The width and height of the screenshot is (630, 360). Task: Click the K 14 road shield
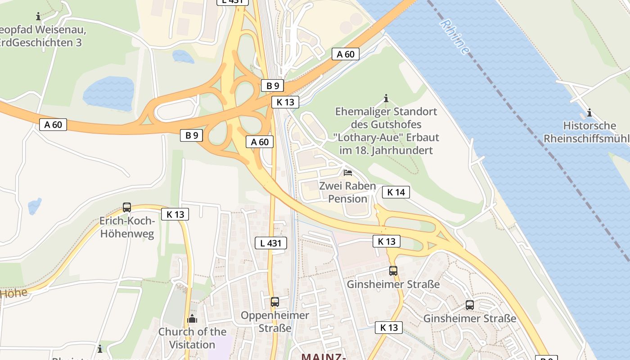[x=396, y=192]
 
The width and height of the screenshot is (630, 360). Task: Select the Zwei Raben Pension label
[x=347, y=192]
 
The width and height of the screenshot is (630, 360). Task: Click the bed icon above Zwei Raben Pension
[x=347, y=172]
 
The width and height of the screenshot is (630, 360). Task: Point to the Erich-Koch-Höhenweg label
[x=127, y=227]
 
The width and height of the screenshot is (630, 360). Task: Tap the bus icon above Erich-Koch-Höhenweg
[x=127, y=207]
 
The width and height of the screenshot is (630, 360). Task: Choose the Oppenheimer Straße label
[x=275, y=321]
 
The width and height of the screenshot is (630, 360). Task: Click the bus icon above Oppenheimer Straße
[x=274, y=302]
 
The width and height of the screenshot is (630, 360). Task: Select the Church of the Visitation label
[x=192, y=338]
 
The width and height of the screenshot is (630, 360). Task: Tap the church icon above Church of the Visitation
[x=192, y=319]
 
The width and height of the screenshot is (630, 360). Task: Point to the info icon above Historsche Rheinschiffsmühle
[x=589, y=112]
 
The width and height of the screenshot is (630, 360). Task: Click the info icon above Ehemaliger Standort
[x=386, y=98]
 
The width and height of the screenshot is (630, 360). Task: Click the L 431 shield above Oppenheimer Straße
[x=271, y=243]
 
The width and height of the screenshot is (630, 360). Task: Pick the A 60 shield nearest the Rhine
[x=346, y=54]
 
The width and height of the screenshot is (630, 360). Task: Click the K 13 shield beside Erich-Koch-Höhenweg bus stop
[x=175, y=214]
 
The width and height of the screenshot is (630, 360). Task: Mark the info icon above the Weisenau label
[x=38, y=17]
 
